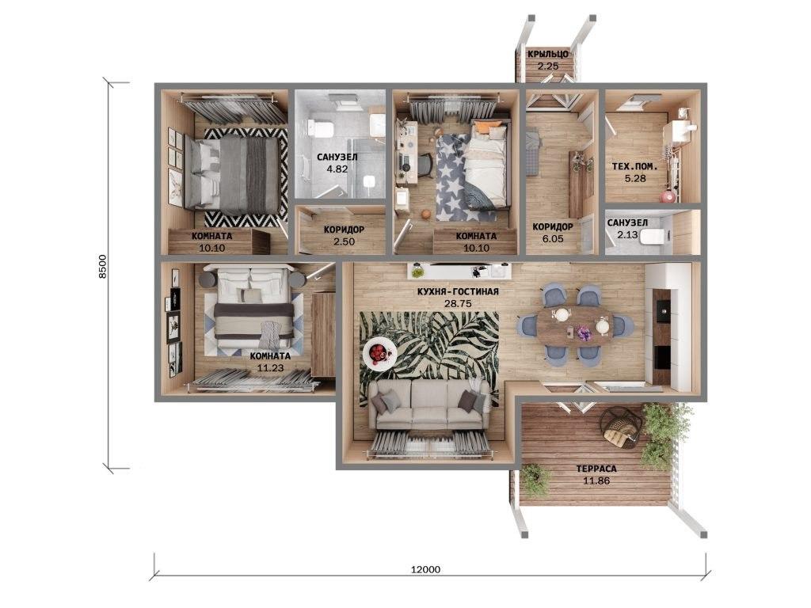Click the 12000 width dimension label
[x=425, y=569]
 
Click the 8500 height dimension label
[x=102, y=267]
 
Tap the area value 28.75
[x=458, y=304]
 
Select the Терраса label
[x=596, y=469]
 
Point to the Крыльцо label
[x=548, y=54]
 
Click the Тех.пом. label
[x=635, y=166]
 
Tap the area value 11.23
[x=270, y=369]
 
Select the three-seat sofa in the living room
[x=430, y=405]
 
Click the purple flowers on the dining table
[x=584, y=333]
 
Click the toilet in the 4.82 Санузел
[x=318, y=127]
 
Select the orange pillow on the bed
[x=486, y=127]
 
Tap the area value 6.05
[x=552, y=239]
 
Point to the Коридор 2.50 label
[x=344, y=235]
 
